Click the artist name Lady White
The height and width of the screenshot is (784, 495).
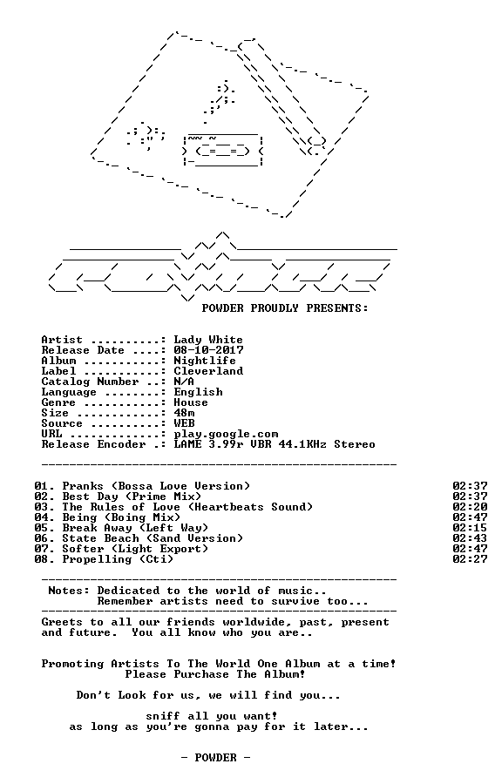pos(208,340)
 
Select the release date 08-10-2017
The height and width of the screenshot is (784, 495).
pos(208,350)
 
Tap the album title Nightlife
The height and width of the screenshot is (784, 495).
pos(205,361)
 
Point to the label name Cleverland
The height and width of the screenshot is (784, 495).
pos(208,371)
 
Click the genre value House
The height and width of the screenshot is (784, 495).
pos(191,402)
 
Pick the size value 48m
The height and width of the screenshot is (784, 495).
pos(184,413)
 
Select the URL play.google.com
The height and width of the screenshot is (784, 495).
pos(226,434)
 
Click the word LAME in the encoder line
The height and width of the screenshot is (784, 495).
pos(187,444)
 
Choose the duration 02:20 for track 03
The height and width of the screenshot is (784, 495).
pos(470,507)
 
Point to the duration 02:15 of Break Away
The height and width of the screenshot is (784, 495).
pos(470,528)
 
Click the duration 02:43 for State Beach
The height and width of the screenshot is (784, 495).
pos(470,538)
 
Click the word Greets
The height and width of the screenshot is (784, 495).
pos(62,622)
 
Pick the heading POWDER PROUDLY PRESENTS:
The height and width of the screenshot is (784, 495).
pos(285,308)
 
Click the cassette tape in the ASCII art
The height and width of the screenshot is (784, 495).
pos(223,150)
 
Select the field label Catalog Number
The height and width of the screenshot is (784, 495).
pos(90,382)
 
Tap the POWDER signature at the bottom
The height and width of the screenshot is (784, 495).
pos(215,758)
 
